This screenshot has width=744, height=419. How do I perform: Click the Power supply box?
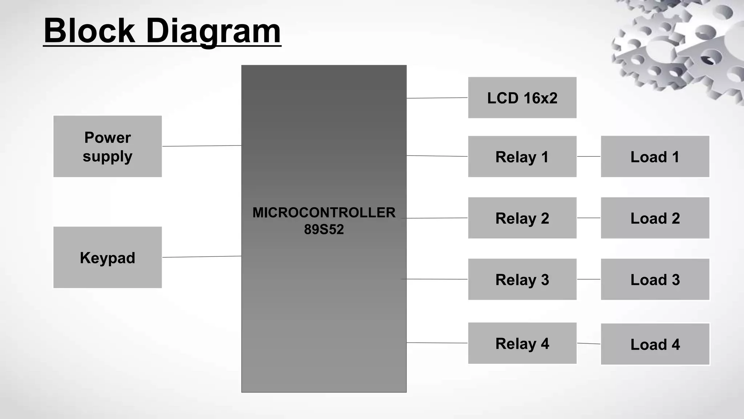[x=108, y=146]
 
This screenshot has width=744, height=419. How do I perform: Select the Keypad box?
[x=108, y=257]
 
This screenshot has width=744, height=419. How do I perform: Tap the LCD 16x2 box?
[x=522, y=97]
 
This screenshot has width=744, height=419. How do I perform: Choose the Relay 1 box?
[x=522, y=156]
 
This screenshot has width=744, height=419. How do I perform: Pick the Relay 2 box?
[x=522, y=218]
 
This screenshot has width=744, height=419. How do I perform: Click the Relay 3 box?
[x=522, y=279]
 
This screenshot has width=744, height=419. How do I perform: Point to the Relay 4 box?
[x=522, y=343]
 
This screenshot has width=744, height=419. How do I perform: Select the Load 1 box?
[x=655, y=156]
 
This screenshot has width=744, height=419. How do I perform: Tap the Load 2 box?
[x=655, y=218]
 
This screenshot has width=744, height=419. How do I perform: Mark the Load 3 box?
[x=655, y=279]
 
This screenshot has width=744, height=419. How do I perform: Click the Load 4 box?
[x=655, y=344]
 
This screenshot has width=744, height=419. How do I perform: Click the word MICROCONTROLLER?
[x=324, y=212]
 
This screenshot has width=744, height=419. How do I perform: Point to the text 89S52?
[x=324, y=229]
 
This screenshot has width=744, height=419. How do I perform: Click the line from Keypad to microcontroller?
[x=202, y=257]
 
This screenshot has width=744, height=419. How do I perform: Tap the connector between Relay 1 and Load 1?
[x=589, y=156]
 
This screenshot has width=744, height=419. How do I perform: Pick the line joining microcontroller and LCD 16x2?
[x=437, y=98]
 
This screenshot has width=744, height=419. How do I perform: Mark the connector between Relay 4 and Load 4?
[x=589, y=343]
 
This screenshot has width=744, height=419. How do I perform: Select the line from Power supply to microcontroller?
[x=202, y=146]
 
